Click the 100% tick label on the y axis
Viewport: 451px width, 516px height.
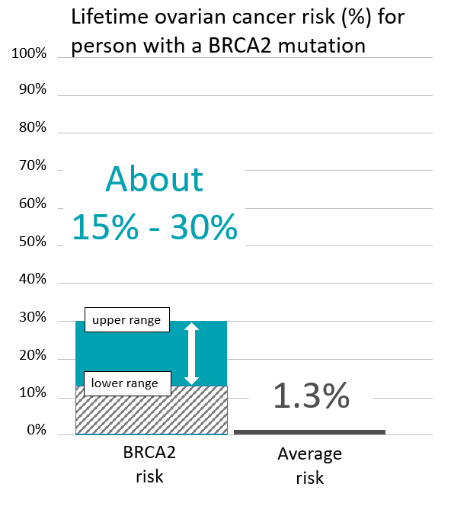click(30, 53)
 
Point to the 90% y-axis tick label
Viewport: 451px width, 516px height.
click(33, 90)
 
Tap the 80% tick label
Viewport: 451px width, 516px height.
click(33, 127)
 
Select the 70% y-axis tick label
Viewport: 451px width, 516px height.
click(33, 165)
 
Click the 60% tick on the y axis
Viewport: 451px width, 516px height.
click(33, 204)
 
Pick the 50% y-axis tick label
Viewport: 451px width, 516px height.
click(33, 242)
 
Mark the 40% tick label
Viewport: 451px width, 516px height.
click(33, 279)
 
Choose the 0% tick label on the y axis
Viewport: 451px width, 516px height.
click(37, 431)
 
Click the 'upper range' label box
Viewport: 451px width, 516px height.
click(126, 320)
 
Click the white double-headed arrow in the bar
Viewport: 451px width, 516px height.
click(192, 353)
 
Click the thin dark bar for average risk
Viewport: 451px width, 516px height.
click(309, 431)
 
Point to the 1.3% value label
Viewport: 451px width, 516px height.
click(311, 396)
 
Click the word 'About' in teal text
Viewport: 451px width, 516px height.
click(155, 179)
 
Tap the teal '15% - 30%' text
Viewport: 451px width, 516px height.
click(155, 226)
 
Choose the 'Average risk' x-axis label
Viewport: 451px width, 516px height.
click(310, 466)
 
